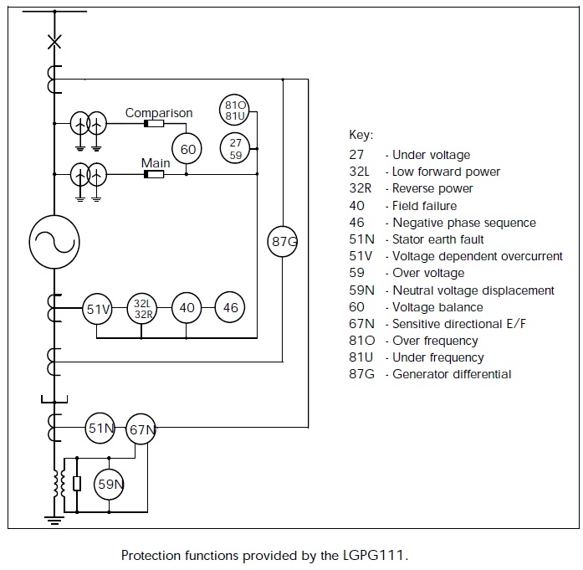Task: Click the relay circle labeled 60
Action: pyautogui.click(x=188, y=150)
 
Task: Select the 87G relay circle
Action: pyautogui.click(x=283, y=243)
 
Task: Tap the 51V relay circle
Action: pyautogui.click(x=98, y=309)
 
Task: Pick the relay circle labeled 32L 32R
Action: pyautogui.click(x=141, y=309)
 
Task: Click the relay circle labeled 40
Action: pyautogui.click(x=187, y=308)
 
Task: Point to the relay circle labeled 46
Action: pyautogui.click(x=230, y=308)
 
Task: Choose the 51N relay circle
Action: pyautogui.click(x=100, y=429)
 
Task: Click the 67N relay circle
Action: pyautogui.click(x=141, y=430)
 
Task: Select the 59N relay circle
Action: pyautogui.click(x=109, y=484)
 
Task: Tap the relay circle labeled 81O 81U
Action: pyautogui.click(x=236, y=110)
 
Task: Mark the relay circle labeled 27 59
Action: pyautogui.click(x=236, y=149)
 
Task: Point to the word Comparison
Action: pyautogui.click(x=159, y=113)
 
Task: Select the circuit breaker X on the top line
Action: pyautogui.click(x=54, y=41)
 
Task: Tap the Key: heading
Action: pyautogui.click(x=361, y=135)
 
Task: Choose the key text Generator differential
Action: pyautogui.click(x=452, y=374)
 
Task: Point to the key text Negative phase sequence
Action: pyautogui.click(x=464, y=223)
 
